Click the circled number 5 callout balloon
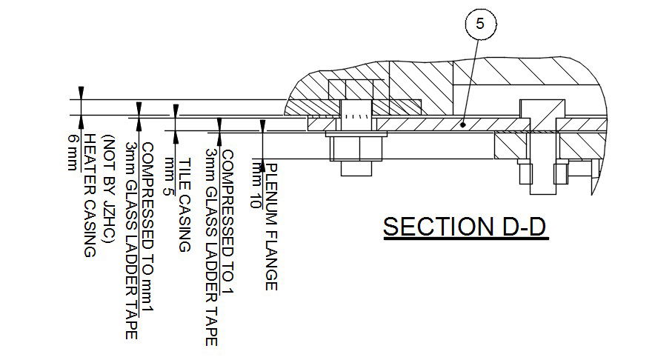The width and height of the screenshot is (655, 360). pyautogui.click(x=479, y=24)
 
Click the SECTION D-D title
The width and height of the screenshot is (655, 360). pyautogui.click(x=465, y=226)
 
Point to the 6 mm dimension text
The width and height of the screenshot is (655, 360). pyautogui.click(x=73, y=152)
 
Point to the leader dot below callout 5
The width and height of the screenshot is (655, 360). pyautogui.click(x=462, y=125)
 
